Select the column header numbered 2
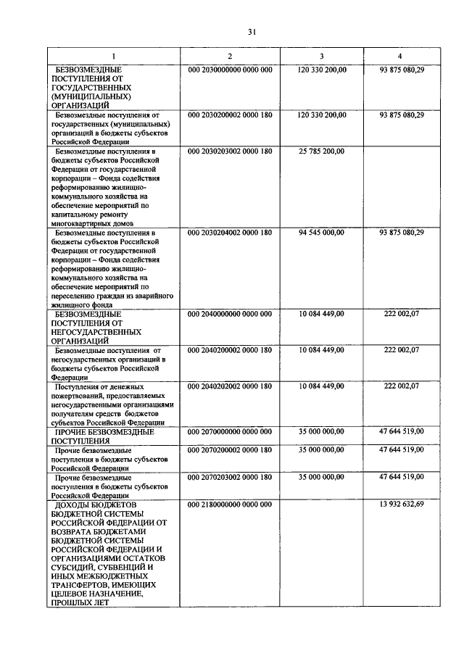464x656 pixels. pos(230,56)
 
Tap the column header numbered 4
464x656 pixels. pos(401,56)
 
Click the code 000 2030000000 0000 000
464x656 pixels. pos(230,69)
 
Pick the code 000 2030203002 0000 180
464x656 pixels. pos(230,151)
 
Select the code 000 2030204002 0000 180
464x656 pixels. pos(230,233)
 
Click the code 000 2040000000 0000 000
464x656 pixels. pos(230,314)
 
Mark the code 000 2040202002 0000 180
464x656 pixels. pos(230,386)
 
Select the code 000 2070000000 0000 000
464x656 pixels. pos(230,431)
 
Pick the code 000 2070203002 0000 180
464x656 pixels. pos(230,477)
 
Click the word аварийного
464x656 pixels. pos(154,296)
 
